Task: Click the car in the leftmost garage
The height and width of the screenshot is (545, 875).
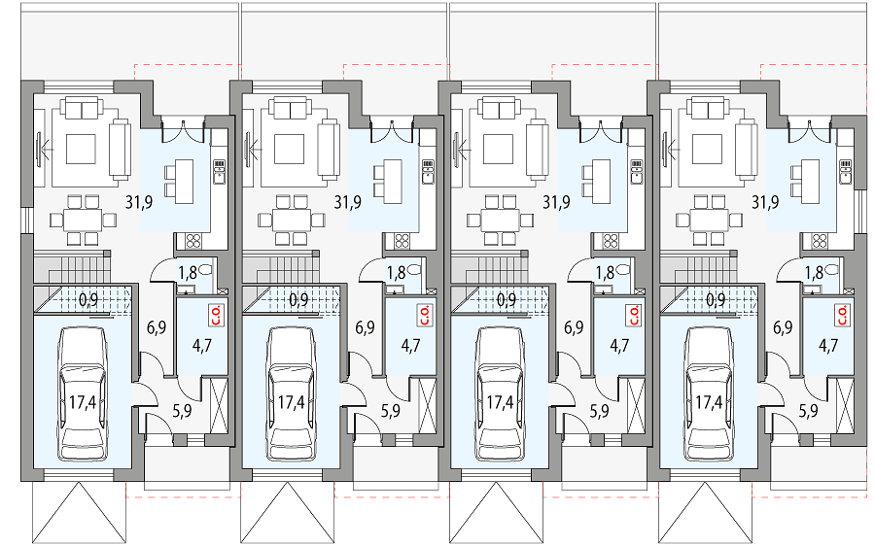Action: point(83,393)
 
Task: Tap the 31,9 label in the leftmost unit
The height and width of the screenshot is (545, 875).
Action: point(139,202)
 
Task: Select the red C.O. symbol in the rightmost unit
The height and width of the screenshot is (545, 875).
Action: point(842,315)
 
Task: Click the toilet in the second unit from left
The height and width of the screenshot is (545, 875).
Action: point(414,270)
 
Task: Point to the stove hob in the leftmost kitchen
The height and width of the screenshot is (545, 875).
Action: point(193,241)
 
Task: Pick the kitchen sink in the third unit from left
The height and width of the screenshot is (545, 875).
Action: point(636,172)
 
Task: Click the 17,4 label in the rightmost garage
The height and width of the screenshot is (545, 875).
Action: point(709,402)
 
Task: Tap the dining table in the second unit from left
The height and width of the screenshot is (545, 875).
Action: point(292,220)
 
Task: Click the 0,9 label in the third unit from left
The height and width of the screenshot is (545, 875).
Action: point(507,300)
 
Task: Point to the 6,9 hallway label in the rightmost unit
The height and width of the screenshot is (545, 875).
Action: point(783,327)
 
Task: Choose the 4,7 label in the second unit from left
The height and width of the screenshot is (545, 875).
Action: point(410,346)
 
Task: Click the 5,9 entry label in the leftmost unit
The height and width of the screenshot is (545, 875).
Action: point(182,411)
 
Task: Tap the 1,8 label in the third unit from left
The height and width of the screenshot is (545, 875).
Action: point(605,273)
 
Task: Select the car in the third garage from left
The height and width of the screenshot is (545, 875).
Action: point(500,393)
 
